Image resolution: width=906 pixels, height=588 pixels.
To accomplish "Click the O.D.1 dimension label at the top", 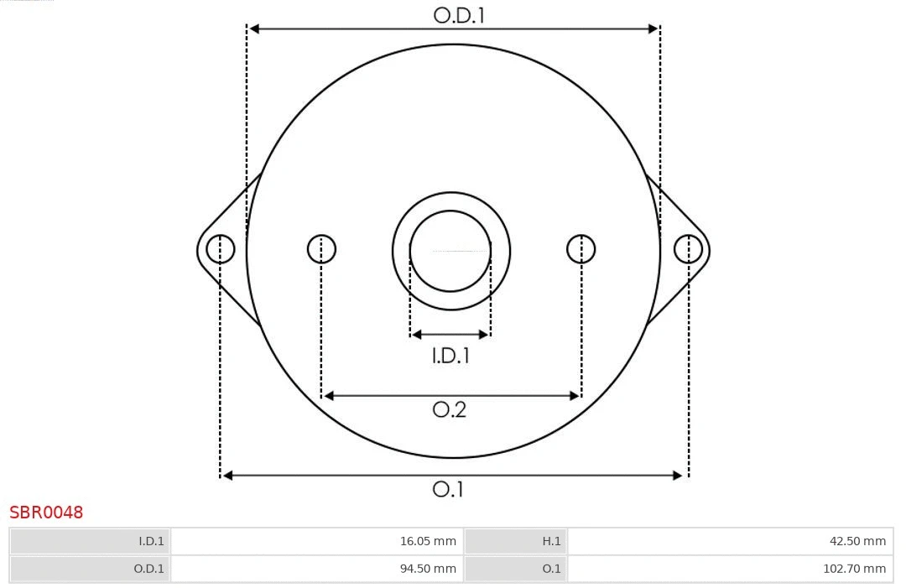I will [x=459, y=15].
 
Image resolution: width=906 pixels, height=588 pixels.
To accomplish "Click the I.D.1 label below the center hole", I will [x=450, y=356].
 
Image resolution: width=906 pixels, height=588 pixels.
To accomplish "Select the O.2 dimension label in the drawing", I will [x=449, y=409].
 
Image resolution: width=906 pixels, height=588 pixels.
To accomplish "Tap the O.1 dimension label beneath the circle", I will [x=448, y=489].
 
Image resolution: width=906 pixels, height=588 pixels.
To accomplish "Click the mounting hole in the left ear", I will [x=221, y=249].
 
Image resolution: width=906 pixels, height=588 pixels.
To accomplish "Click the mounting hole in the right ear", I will [x=688, y=249].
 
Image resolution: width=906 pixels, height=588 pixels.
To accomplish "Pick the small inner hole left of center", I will [x=321, y=249].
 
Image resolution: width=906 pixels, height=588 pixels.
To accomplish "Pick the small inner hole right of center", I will [x=581, y=249].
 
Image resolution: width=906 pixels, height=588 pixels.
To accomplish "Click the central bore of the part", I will [x=450, y=251].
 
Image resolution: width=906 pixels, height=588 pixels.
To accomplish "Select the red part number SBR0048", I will [x=46, y=513].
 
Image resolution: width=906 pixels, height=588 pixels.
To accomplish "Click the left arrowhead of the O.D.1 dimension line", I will [x=254, y=29].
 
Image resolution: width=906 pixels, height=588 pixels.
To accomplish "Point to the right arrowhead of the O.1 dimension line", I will [x=679, y=476].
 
